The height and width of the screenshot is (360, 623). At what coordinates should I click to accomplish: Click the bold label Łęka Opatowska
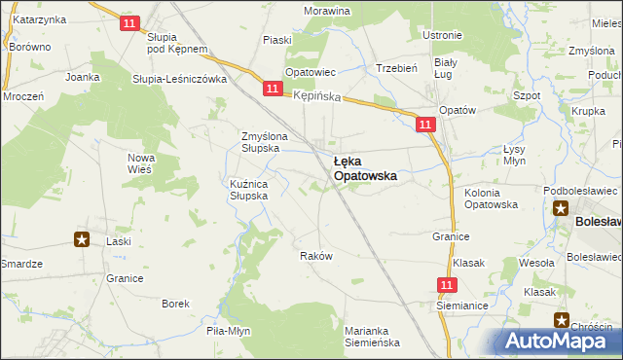[x=364, y=169]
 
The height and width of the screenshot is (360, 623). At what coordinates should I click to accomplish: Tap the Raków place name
[x=316, y=256]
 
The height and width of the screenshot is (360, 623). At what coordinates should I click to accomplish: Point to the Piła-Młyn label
[x=229, y=331]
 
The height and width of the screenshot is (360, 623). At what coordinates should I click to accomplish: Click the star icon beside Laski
[x=82, y=239]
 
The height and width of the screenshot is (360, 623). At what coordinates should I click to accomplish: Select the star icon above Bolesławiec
[x=562, y=207]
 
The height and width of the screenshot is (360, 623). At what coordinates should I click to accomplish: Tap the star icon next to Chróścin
[x=562, y=319]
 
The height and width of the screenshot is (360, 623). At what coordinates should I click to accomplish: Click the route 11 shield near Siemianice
[x=447, y=284]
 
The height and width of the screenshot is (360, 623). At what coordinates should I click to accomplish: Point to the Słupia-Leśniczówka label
[x=180, y=79]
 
